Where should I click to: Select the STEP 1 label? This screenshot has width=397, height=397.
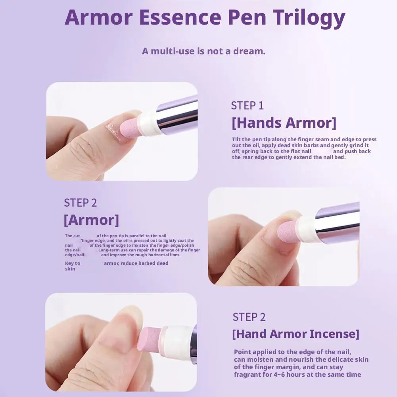pos(247,105)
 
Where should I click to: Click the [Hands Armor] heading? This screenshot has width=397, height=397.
pos(284,123)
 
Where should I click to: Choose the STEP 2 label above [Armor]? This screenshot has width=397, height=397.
pos(80,203)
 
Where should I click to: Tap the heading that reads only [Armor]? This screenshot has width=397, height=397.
pos(91,220)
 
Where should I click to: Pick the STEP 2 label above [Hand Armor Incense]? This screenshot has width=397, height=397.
pos(249,317)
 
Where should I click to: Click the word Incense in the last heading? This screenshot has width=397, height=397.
pos(334,334)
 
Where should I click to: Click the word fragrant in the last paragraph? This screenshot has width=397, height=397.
pos(248,375)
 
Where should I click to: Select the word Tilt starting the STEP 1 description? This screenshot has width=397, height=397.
pos(237,140)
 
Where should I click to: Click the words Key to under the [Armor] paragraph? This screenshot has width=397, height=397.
pos(73,263)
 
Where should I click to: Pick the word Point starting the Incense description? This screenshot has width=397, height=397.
pos(242,352)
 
